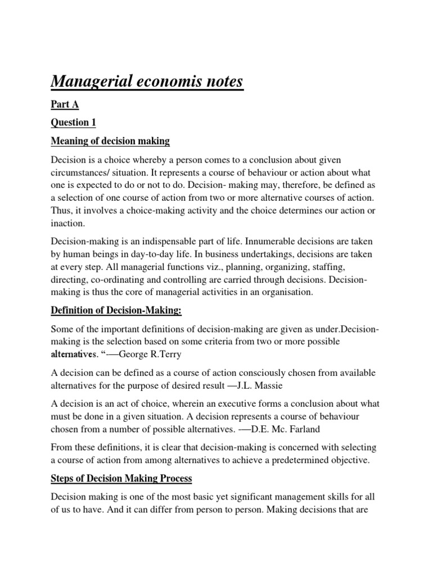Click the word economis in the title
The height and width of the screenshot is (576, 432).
[168, 82]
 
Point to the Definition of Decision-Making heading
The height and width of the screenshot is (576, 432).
[116, 311]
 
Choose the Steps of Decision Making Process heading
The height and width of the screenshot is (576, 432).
[121, 479]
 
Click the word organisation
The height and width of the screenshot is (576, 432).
[269, 293]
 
